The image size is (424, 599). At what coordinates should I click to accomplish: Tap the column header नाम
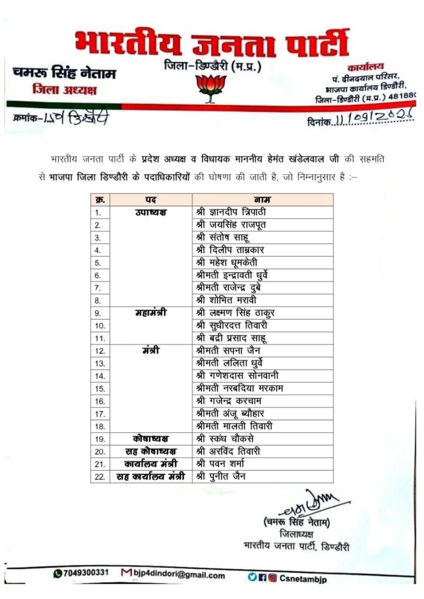[x=262, y=199]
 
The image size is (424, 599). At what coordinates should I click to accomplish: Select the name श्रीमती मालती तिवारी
[x=235, y=426]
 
